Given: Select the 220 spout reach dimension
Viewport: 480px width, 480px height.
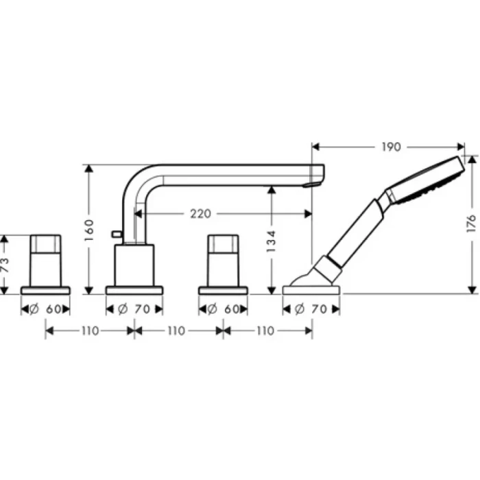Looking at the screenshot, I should pyautogui.click(x=200, y=214).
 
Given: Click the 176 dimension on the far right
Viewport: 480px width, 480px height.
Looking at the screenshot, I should pyautogui.click(x=470, y=224).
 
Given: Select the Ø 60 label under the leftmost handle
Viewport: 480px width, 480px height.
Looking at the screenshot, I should pyautogui.click(x=47, y=309).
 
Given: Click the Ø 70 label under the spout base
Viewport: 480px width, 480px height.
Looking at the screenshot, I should pyautogui.click(x=134, y=309).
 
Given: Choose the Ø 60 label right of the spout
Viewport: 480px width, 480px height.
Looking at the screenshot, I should pyautogui.click(x=224, y=309).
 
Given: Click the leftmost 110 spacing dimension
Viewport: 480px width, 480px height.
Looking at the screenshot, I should pyautogui.click(x=90, y=331).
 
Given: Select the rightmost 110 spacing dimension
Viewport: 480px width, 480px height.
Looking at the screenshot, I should pyautogui.click(x=267, y=331).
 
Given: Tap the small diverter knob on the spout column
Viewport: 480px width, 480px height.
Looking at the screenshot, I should pyautogui.click(x=117, y=235).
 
